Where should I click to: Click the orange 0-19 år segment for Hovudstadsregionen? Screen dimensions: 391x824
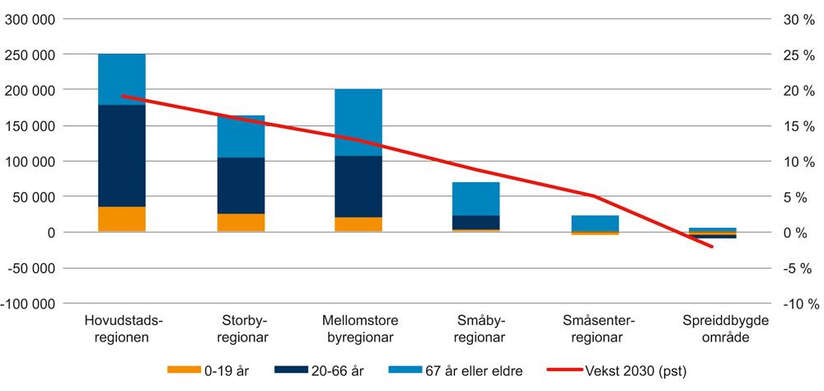click(x=122, y=219)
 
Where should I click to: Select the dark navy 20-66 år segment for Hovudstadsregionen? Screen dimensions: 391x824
click(x=122, y=156)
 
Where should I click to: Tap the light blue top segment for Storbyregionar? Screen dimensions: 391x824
click(x=240, y=136)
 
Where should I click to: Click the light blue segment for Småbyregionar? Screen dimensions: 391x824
click(x=475, y=199)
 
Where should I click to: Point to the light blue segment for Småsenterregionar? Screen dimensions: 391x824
click(x=594, y=223)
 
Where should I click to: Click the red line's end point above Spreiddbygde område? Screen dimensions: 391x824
click(x=712, y=247)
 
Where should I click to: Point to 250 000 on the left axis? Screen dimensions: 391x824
click(x=30, y=55)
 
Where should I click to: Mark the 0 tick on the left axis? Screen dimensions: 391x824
click(x=50, y=233)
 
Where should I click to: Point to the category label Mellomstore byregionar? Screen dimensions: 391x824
click(x=358, y=329)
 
